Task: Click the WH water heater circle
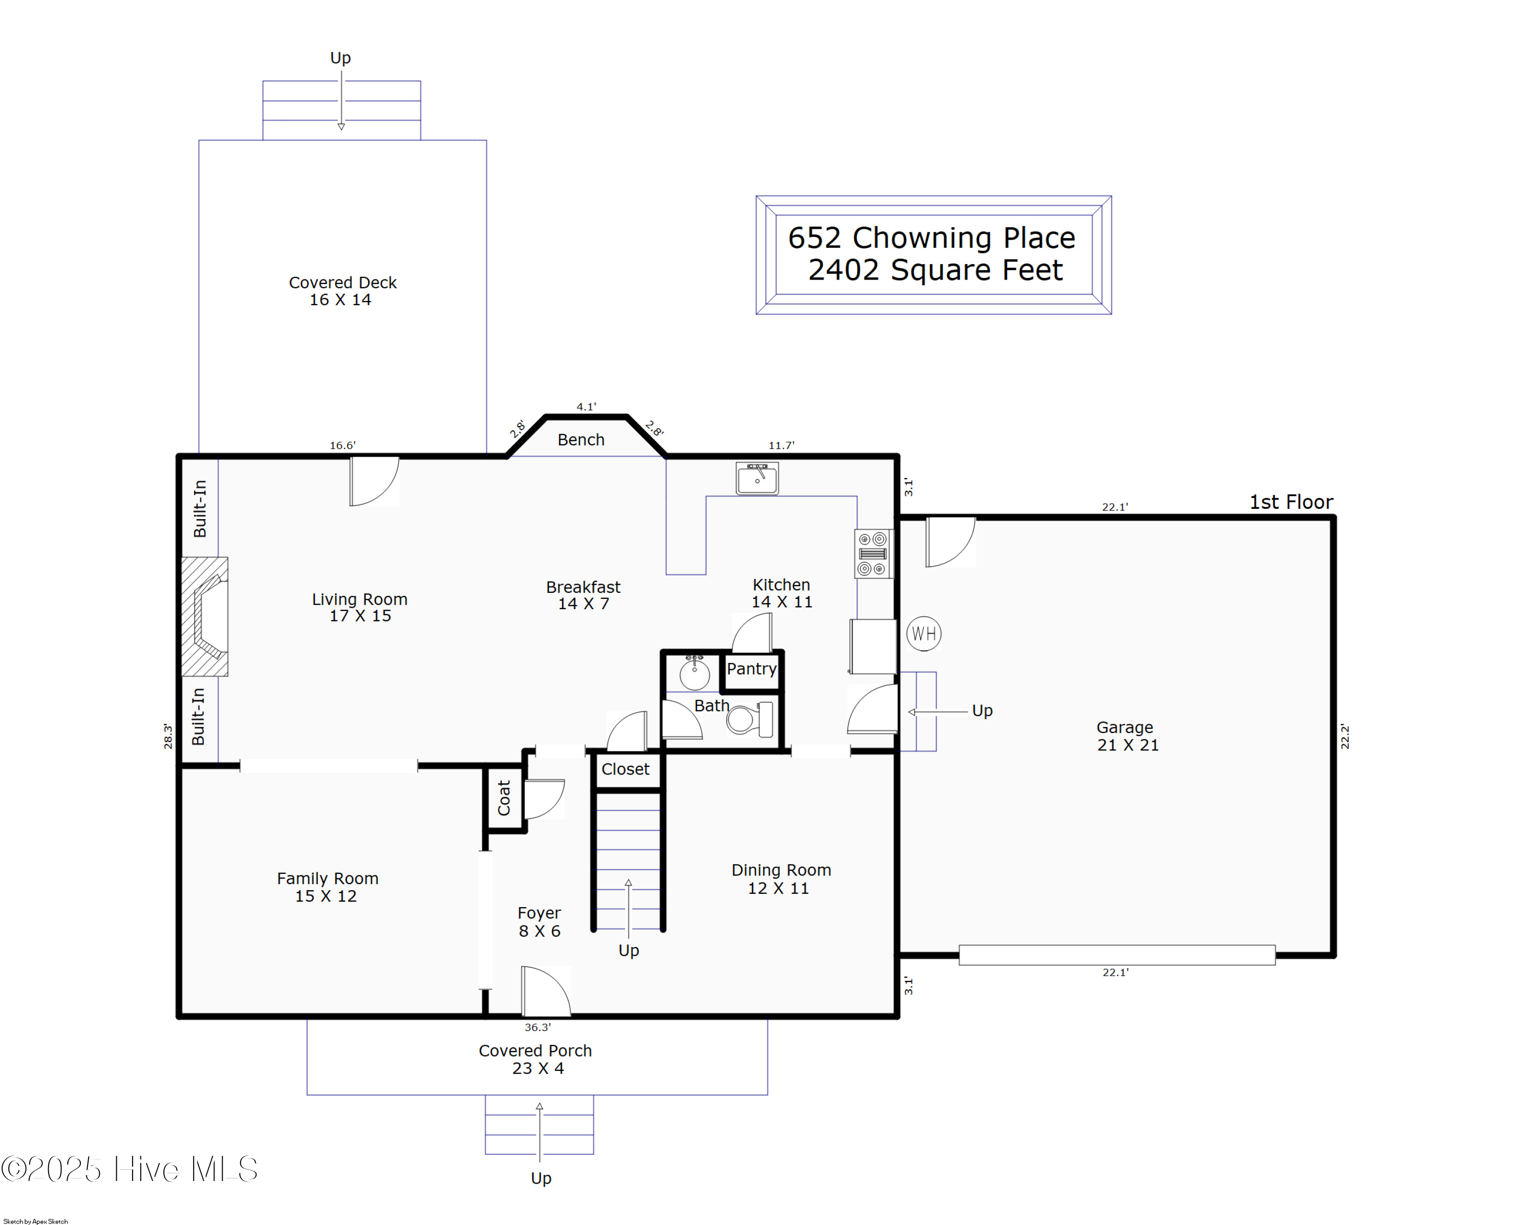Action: tap(923, 633)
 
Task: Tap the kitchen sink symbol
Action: tap(757, 478)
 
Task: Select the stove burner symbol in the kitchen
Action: tap(873, 553)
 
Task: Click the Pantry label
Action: tap(751, 669)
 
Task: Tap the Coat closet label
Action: tap(504, 798)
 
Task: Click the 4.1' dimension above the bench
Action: tap(586, 406)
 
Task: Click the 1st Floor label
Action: tap(1291, 502)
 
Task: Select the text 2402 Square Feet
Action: tap(935, 270)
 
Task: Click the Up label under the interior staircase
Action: tap(628, 950)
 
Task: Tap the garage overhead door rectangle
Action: tap(1116, 955)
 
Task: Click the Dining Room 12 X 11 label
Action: tap(781, 879)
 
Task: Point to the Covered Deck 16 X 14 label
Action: tap(342, 291)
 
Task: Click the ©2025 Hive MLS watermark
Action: tap(130, 1169)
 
